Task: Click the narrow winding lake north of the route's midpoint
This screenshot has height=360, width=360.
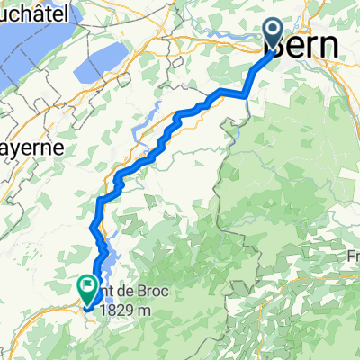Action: click(144, 126)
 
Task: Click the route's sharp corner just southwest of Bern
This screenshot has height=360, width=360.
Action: click(246, 92)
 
